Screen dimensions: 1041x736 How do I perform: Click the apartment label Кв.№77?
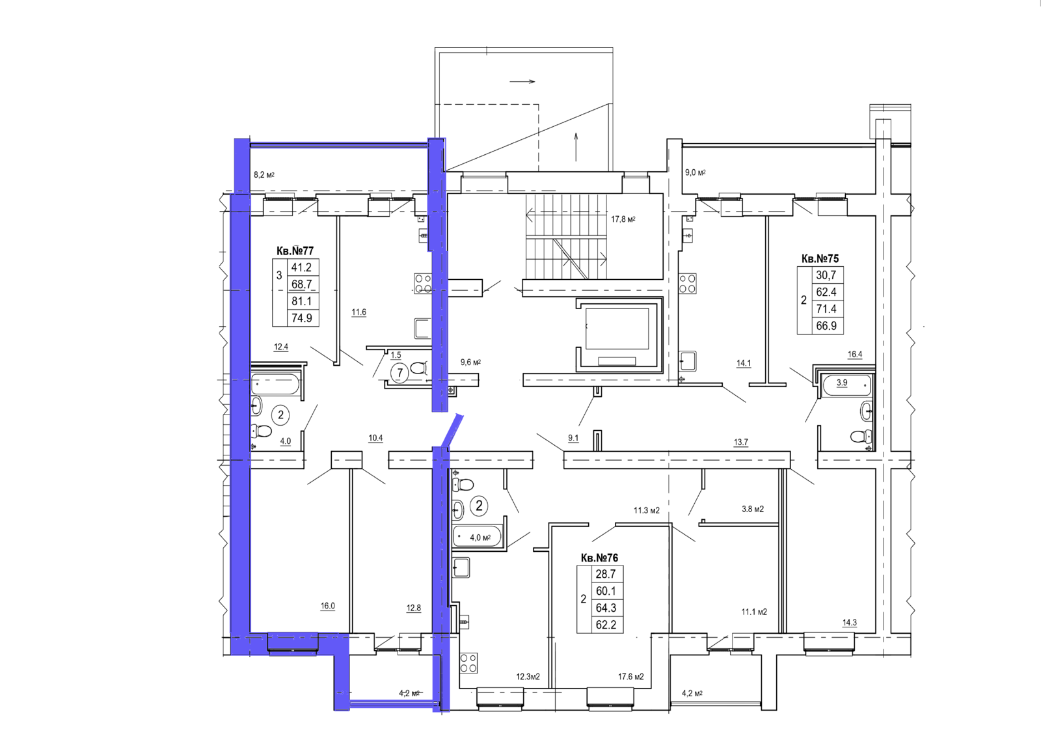(x=295, y=251)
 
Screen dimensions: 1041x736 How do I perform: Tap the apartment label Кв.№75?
(x=820, y=258)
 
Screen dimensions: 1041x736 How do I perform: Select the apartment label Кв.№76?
(x=599, y=558)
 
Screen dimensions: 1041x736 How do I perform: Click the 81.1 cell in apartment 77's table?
(x=302, y=301)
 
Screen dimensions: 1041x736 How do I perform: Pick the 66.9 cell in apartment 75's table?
(x=826, y=326)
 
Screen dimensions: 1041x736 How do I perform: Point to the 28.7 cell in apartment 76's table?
(x=606, y=574)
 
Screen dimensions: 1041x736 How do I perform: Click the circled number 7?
(x=399, y=373)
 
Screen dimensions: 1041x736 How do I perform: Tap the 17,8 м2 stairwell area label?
(x=623, y=219)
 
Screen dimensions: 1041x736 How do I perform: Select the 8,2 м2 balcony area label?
(x=264, y=175)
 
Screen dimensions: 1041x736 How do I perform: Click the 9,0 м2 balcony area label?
(x=696, y=172)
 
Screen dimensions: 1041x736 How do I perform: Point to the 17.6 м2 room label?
(x=630, y=677)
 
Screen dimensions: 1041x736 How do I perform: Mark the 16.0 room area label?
(x=328, y=606)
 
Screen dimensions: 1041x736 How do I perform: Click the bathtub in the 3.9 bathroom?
(x=845, y=384)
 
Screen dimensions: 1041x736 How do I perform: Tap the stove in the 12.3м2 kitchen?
(x=468, y=664)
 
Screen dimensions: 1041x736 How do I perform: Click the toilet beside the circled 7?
(x=419, y=368)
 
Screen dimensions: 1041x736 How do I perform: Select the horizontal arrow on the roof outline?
(x=522, y=82)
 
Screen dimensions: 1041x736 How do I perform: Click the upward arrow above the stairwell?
(x=576, y=147)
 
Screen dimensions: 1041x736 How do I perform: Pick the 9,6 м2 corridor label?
(x=471, y=362)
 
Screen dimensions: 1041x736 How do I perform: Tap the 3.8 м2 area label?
(x=753, y=509)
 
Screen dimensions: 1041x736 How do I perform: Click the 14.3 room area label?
(x=850, y=623)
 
